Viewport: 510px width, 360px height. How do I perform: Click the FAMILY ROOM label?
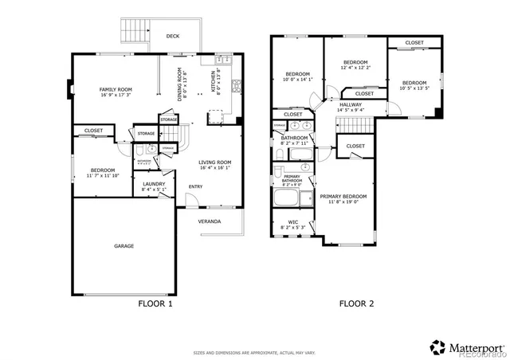(x=116, y=89)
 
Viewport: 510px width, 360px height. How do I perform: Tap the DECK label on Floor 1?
(x=172, y=36)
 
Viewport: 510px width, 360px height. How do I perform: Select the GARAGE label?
(x=123, y=246)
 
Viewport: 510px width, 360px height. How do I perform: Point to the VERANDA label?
(x=210, y=221)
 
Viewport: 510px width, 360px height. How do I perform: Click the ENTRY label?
(x=195, y=187)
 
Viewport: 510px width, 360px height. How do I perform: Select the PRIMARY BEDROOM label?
(x=343, y=196)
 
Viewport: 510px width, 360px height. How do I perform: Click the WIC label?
(x=292, y=222)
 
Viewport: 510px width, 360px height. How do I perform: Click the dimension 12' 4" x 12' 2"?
(x=355, y=68)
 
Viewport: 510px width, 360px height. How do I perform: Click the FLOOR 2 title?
(x=356, y=303)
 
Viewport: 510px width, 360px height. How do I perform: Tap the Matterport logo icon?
(x=437, y=346)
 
